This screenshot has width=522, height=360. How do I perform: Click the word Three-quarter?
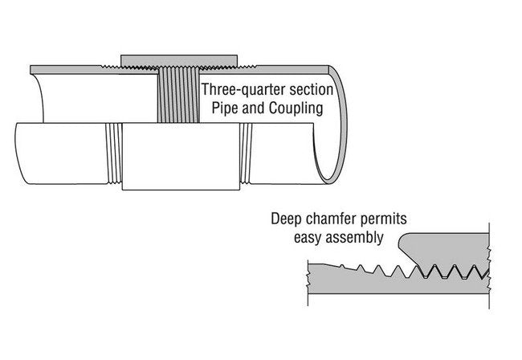coord(240,89)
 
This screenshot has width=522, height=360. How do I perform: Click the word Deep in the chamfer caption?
coord(286,219)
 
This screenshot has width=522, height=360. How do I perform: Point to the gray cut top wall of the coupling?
coord(178,60)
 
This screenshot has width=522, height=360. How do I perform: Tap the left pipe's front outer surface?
coord(56,153)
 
